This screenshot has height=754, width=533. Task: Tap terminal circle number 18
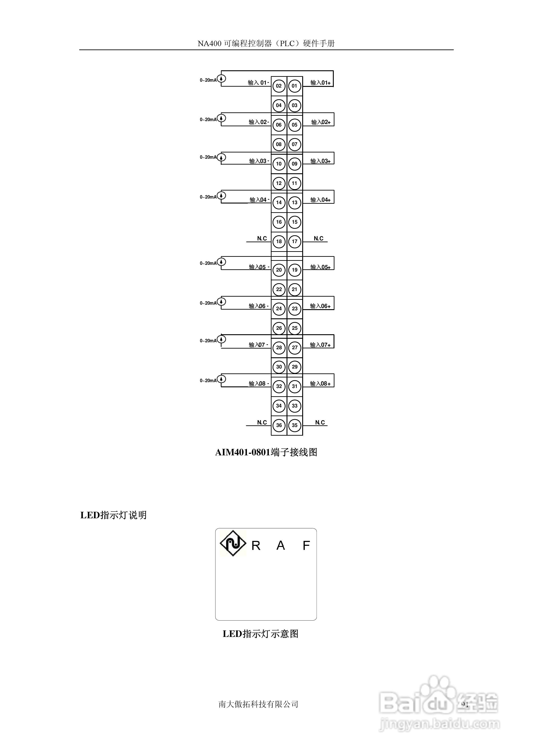[279, 241]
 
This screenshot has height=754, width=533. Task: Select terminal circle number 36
[279, 425]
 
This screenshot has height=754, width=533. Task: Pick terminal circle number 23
[295, 309]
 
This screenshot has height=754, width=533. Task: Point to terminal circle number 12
[279, 183]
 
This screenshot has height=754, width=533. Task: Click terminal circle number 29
[295, 367]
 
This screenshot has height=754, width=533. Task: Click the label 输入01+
[320, 83]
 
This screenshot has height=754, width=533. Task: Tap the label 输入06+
[320, 306]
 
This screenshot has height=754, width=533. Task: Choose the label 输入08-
[259, 383]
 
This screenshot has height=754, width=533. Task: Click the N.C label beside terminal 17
[318, 238]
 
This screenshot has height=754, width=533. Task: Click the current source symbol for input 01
[222, 79]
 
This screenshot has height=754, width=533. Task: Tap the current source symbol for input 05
[222, 262]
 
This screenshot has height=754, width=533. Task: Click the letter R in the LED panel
[256, 546]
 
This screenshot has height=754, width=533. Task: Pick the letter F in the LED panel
[306, 546]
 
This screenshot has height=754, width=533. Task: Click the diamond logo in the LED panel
[233, 544]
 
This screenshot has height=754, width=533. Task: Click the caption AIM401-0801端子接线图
[266, 452]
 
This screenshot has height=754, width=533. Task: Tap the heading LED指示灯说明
[113, 515]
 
